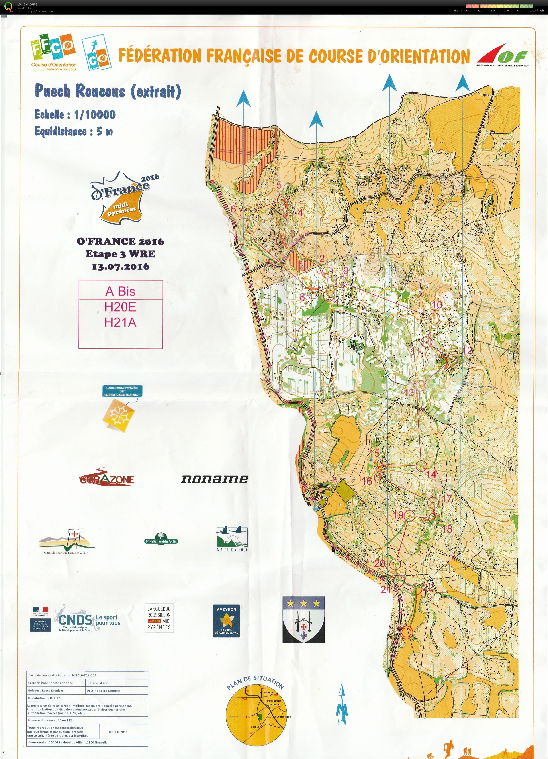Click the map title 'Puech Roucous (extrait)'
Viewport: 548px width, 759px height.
[108, 91]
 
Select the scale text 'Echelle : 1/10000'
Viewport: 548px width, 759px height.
[75, 115]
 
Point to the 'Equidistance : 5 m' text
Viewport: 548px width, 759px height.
[74, 131]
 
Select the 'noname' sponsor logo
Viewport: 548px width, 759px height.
[214, 479]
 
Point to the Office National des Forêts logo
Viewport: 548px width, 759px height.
[161, 539]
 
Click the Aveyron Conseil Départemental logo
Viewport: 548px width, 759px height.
[227, 621]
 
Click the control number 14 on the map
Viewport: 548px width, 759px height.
[431, 474]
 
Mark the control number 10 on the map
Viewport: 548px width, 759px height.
[437, 304]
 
